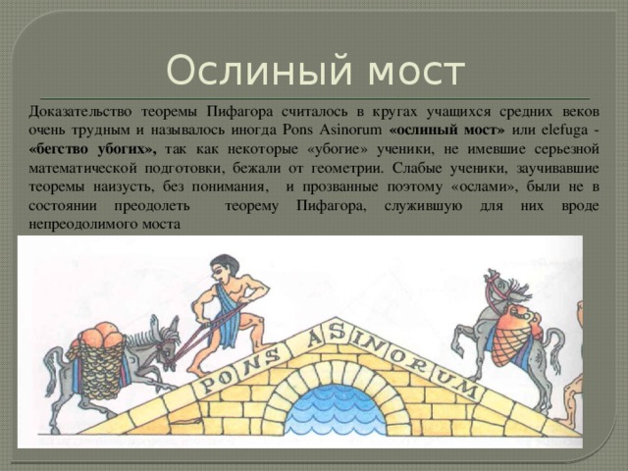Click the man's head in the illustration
point(225,267)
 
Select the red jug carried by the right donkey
point(519,324)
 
